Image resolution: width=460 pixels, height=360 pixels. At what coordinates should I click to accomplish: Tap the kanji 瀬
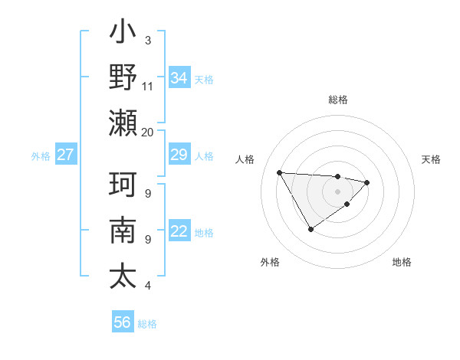[123, 122]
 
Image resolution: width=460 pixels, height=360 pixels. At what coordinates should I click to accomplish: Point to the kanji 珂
[123, 185]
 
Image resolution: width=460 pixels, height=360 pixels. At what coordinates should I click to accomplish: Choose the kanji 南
[123, 231]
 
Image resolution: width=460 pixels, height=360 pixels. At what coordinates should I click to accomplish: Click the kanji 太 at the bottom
[123, 277]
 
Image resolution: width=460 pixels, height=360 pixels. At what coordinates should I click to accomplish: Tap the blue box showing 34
[179, 78]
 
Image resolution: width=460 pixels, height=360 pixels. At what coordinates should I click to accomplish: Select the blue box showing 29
[179, 155]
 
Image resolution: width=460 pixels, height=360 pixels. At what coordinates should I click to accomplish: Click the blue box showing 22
[179, 232]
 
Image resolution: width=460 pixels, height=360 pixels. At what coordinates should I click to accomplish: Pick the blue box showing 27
[65, 155]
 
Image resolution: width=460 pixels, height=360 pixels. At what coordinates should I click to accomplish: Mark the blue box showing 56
[123, 323]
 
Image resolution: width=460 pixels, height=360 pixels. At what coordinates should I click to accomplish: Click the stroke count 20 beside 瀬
[148, 132]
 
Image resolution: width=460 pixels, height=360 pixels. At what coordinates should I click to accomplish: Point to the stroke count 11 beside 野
[148, 86]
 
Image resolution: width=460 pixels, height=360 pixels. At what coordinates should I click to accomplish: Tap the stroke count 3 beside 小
[148, 40]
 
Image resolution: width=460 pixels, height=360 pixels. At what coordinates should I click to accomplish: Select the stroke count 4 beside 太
[148, 286]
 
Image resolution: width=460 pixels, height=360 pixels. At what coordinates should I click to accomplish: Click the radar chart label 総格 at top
[337, 100]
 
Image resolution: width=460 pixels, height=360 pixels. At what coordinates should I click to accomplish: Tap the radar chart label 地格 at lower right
[402, 263]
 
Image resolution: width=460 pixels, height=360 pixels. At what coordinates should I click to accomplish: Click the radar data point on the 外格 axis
[310, 229]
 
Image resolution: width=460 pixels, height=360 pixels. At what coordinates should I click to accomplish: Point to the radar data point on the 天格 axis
[367, 182]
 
